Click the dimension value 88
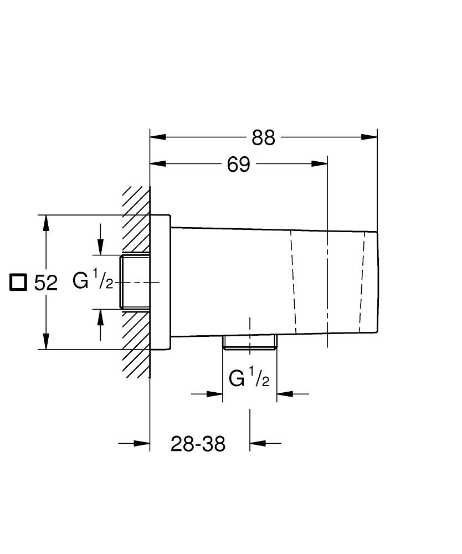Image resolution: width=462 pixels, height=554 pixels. pyautogui.click(x=263, y=138)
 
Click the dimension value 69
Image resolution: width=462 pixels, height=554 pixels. pyautogui.click(x=239, y=165)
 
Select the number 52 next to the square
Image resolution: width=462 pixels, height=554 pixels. pyautogui.click(x=46, y=283)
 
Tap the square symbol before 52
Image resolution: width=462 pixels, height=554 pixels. pyautogui.click(x=19, y=282)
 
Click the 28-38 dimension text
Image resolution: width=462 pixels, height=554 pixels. pyautogui.click(x=198, y=444)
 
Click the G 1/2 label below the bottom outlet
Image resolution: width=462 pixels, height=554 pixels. pyautogui.click(x=249, y=379)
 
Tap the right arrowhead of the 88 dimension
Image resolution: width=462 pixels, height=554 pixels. pyautogui.click(x=369, y=137)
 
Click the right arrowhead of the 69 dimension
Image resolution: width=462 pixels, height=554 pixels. pyautogui.click(x=320, y=163)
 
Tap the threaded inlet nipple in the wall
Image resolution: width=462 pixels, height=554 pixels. pyautogui.click(x=135, y=282)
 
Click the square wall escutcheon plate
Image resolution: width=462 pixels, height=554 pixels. pyautogui.click(x=160, y=282)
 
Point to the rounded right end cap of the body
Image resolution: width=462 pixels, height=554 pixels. pyautogui.click(x=372, y=282)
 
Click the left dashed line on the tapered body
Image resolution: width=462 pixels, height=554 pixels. pyautogui.click(x=292, y=282)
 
